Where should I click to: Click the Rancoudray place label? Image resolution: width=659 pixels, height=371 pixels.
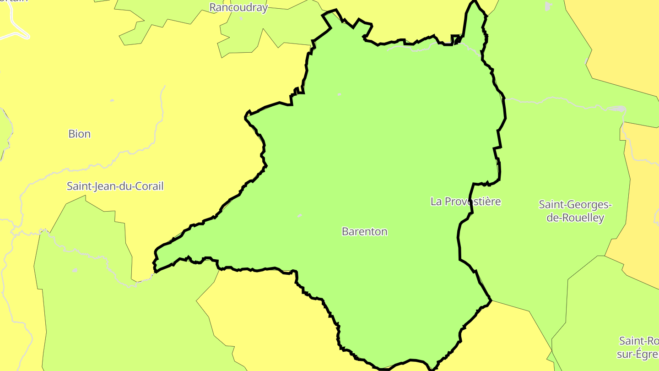[x=238, y=7]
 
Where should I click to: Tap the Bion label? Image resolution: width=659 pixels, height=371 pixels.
[x=80, y=134]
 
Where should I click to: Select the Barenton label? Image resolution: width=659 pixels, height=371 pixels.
[x=365, y=231]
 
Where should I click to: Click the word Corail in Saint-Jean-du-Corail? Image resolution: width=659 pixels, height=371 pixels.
[x=148, y=186]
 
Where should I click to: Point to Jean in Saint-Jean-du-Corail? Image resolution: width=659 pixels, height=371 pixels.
[x=105, y=186]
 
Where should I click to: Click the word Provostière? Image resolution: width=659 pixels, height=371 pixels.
[x=473, y=202]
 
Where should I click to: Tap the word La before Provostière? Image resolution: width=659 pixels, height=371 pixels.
[x=437, y=202]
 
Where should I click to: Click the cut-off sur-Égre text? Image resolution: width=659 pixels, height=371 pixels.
[x=638, y=354]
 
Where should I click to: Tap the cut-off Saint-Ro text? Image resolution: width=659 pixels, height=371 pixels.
[x=639, y=341]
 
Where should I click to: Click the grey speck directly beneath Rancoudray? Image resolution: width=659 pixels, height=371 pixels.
[x=241, y=19]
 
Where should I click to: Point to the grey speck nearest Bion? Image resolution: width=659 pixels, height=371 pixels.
[x=112, y=100]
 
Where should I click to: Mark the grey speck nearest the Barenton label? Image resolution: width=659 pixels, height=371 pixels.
[x=300, y=215]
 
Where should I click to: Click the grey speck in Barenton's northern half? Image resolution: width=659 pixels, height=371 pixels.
[x=339, y=94]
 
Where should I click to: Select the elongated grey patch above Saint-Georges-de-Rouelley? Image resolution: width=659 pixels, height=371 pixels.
[x=618, y=109]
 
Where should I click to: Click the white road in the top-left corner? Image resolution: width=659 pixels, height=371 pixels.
[x=16, y=27]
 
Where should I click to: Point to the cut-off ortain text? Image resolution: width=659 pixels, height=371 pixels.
[x=14, y=1]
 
